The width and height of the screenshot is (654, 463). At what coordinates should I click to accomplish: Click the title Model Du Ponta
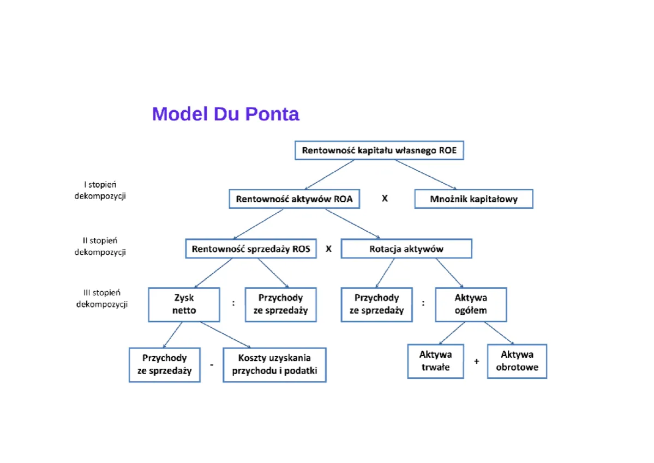[x=225, y=114]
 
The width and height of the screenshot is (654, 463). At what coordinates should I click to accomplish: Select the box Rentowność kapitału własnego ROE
[x=379, y=150]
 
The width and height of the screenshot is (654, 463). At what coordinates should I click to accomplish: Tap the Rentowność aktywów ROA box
[x=294, y=199]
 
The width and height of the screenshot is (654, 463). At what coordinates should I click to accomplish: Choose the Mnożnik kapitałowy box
[x=473, y=199]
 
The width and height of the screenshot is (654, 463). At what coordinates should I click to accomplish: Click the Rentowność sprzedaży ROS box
[x=250, y=249]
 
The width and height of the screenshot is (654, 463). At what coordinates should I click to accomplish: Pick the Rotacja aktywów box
[x=406, y=249]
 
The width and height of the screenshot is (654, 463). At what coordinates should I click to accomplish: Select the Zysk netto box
[x=184, y=304]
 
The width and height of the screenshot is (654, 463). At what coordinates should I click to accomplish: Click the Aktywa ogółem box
[x=471, y=304]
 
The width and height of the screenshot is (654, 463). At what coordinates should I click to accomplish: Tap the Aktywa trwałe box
[x=435, y=361]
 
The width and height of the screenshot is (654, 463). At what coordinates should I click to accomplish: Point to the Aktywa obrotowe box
[x=517, y=361]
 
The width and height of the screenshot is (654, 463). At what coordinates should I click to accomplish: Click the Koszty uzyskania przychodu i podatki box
[x=274, y=365]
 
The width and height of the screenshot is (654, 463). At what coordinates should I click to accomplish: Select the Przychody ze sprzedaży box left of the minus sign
[x=164, y=365]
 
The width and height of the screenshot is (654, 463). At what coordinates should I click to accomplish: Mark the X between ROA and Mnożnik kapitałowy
[x=385, y=199]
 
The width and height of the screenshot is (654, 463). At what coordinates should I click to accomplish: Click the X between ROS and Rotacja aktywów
[x=328, y=249]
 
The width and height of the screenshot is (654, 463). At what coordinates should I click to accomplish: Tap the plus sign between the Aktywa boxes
[x=476, y=361]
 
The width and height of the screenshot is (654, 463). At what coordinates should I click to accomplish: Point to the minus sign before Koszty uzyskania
[x=212, y=365]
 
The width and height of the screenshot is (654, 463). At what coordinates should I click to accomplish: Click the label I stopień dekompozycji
[x=100, y=190]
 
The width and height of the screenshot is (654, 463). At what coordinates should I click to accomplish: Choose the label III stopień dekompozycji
[x=101, y=298]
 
